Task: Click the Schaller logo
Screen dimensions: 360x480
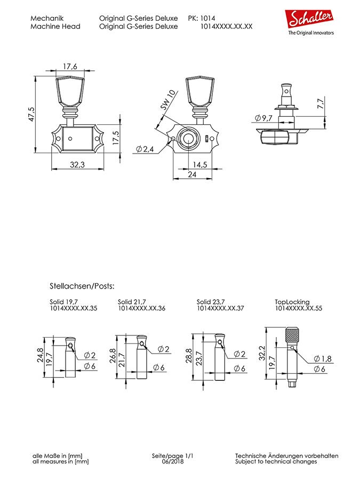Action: click(x=310, y=23)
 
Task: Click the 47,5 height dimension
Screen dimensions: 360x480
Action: click(x=31, y=114)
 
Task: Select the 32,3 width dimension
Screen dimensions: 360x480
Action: click(x=77, y=164)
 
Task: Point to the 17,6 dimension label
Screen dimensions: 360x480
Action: click(x=70, y=66)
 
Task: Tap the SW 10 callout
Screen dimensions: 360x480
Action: click(x=168, y=100)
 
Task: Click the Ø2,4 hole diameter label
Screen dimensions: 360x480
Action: click(x=145, y=149)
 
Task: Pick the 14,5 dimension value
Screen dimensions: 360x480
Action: click(x=199, y=164)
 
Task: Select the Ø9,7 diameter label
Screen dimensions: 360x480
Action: click(x=263, y=118)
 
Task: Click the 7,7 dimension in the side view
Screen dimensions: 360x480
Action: click(x=321, y=103)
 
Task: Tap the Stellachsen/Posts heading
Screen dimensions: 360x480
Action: click(x=82, y=286)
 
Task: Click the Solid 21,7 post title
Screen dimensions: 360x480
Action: click(x=132, y=302)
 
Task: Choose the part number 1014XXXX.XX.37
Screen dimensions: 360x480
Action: click(x=220, y=308)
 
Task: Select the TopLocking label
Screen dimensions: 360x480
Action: click(x=292, y=302)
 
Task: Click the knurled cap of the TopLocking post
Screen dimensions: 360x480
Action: click(x=292, y=335)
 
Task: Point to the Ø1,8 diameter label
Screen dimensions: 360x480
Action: click(x=323, y=358)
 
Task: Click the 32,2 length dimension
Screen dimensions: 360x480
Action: click(x=262, y=353)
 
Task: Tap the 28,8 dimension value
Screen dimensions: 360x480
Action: click(x=189, y=356)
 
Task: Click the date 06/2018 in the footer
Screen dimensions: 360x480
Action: click(x=173, y=461)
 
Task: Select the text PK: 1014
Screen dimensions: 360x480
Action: click(x=202, y=18)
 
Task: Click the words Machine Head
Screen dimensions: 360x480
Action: click(x=55, y=26)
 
